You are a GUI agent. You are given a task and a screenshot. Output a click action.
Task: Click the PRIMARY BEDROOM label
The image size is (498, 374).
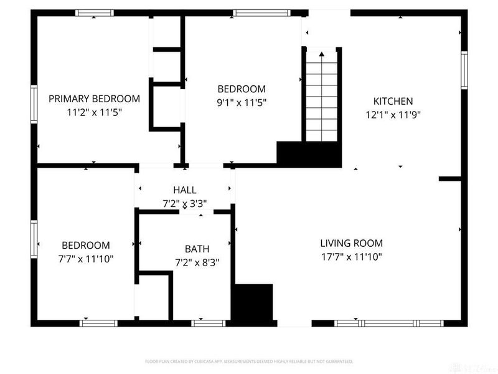pos(94,98)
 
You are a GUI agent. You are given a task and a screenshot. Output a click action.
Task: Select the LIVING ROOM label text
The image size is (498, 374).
pos(351,243)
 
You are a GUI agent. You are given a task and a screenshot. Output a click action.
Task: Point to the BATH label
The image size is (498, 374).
pos(197,249)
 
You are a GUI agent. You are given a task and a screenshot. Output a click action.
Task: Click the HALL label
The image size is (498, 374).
pos(185,190)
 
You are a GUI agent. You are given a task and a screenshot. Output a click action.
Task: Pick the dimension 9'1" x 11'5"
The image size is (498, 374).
pos(241,103)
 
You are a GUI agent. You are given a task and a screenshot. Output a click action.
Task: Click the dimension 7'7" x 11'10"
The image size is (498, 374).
pos(85,259)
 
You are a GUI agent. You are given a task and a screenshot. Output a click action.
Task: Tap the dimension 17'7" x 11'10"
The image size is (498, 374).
pos(351,257)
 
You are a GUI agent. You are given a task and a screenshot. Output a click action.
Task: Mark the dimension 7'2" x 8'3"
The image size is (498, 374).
pos(197,262)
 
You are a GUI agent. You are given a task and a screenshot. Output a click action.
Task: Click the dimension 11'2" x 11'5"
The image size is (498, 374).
pos(94,112)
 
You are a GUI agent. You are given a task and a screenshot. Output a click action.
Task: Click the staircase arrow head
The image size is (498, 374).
pos(322,55)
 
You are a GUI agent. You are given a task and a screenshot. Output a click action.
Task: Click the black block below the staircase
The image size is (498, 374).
pos(309,153)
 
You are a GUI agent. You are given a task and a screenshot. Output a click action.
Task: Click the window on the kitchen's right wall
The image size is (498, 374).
pos(464,69)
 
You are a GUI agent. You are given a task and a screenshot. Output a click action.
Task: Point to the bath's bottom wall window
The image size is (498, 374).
pos(208,323)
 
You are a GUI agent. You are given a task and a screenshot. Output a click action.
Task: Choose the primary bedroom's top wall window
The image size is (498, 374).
pos(95,12)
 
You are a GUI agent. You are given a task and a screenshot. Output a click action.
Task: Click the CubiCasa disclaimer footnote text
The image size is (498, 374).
pos(249,361)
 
